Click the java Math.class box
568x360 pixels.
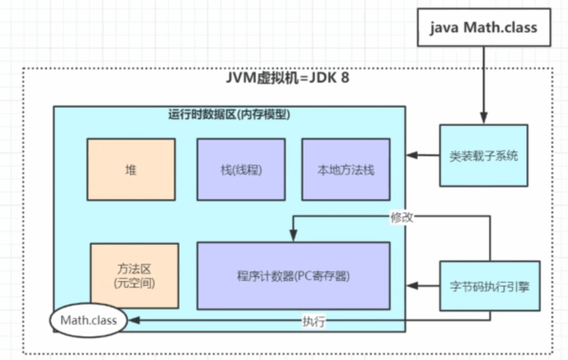coord(483,27)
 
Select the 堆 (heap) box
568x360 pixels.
coord(131,170)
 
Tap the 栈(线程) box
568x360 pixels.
coord(241,170)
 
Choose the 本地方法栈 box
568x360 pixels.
coord(346,170)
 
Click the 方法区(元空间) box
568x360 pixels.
coord(134,276)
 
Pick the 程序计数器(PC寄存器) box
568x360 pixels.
coord(293,276)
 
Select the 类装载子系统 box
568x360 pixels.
coord(483,155)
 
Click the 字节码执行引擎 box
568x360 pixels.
coord(489,286)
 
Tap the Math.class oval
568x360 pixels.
coord(88,320)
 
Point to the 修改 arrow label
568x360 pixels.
coord(402,217)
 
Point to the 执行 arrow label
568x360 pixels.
coord(314,322)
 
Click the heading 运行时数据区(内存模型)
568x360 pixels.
coord(229,115)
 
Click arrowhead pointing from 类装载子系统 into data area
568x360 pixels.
coord(412,155)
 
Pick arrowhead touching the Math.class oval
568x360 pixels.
coord(132,321)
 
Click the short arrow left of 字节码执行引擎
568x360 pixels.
coord(423,286)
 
